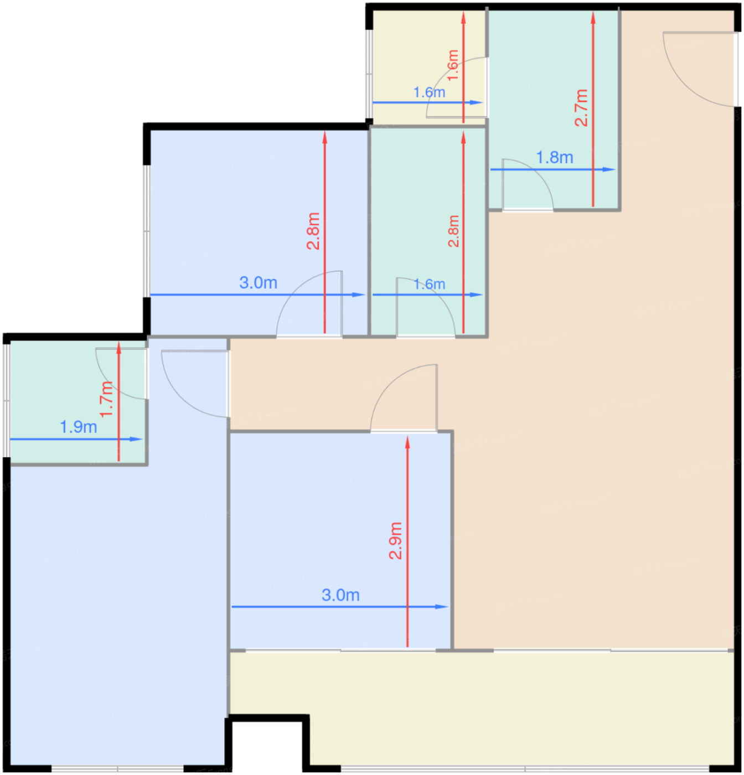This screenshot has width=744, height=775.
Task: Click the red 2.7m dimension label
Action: pos(581,108)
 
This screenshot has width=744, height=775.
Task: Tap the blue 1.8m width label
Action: pos(555,158)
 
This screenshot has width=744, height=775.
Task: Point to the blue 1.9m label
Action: pos(79,427)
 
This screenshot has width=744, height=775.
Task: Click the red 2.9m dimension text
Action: pos(395,540)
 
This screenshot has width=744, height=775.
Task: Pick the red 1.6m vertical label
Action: pos(453,65)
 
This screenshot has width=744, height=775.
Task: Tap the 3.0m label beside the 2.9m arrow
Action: pos(340,595)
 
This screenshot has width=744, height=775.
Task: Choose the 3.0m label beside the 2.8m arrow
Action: pos(258,283)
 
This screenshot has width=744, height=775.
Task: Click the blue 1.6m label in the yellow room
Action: pos(429,92)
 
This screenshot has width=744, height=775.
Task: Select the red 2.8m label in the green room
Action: pos(453,231)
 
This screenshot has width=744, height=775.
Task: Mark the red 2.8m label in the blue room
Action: pos(313,231)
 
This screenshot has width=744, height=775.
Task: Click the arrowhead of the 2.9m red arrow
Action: pos(407,442)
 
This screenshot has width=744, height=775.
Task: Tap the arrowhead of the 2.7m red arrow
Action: pos(593,18)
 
